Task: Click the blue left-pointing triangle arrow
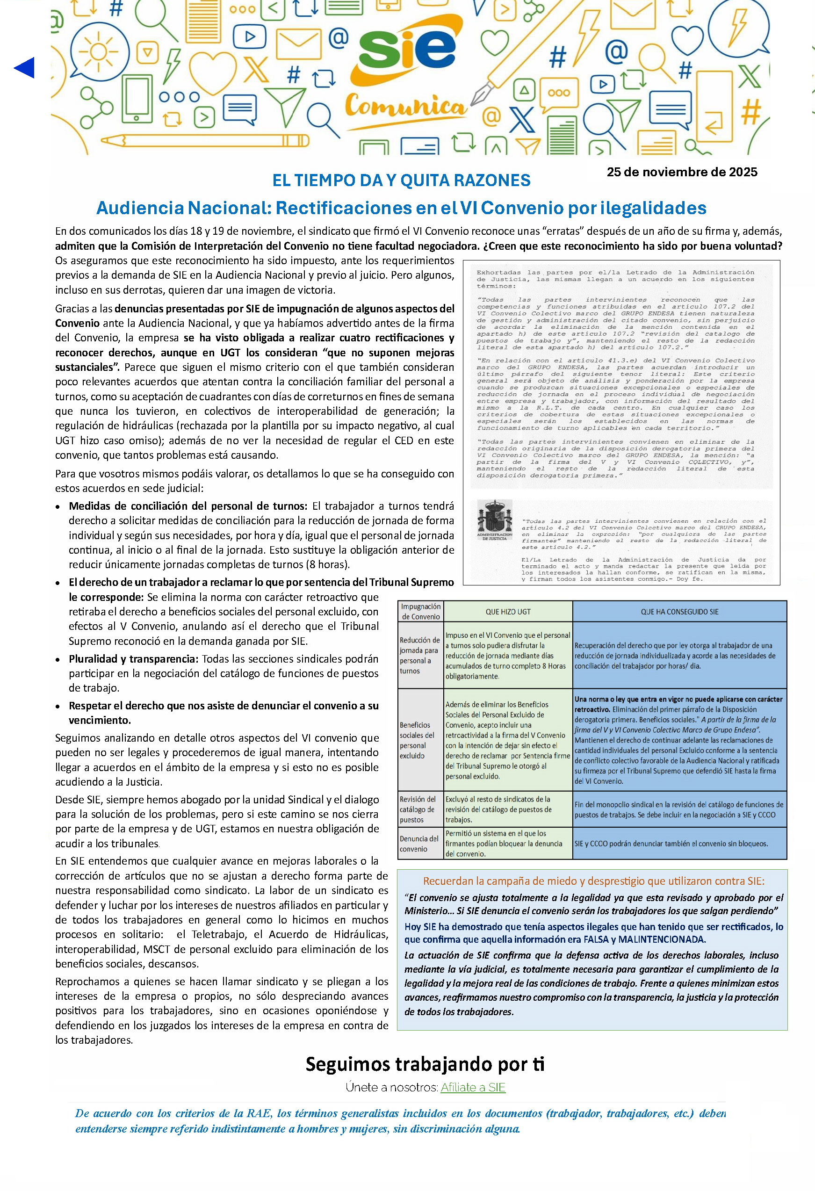25,68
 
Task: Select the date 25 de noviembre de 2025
682,172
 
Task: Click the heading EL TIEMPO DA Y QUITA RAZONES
401,180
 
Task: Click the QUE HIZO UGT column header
507,611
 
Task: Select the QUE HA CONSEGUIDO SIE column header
679,611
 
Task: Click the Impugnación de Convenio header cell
420,611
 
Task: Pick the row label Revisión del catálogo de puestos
418,809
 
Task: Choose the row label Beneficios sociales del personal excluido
417,740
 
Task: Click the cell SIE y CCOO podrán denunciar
671,844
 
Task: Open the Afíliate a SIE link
473,1087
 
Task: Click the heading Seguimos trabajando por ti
425,1064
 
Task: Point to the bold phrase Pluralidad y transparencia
133,658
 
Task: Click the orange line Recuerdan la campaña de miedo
593,881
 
